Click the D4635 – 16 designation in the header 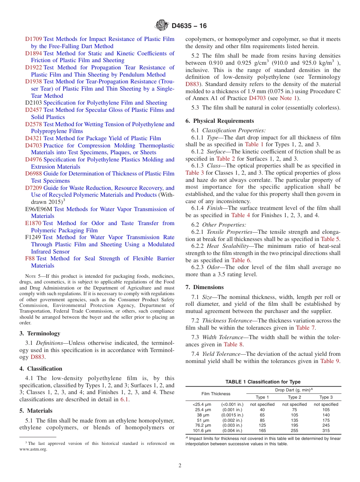[189, 26]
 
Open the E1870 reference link [33, 223]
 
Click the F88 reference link [30, 258]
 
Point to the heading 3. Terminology [40, 333]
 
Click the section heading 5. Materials [36, 411]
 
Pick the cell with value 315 [326, 430]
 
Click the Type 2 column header [294, 397]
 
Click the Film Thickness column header [216, 394]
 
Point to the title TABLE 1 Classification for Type [263, 382]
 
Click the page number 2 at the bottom [180, 466]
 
